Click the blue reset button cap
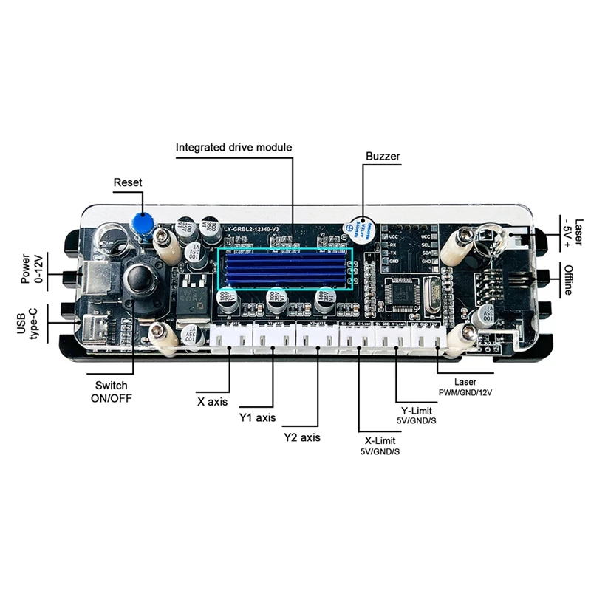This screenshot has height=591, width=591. click(x=143, y=222)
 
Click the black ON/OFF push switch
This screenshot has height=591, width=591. click(x=137, y=279)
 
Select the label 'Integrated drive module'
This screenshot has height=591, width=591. click(x=233, y=147)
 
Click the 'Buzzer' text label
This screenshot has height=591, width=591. click(x=383, y=157)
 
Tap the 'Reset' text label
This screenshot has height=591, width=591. click(x=128, y=182)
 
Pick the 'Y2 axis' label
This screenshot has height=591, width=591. click(x=302, y=437)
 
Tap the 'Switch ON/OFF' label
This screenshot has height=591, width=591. click(x=112, y=392)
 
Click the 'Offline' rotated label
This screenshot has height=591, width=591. click(x=567, y=279)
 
